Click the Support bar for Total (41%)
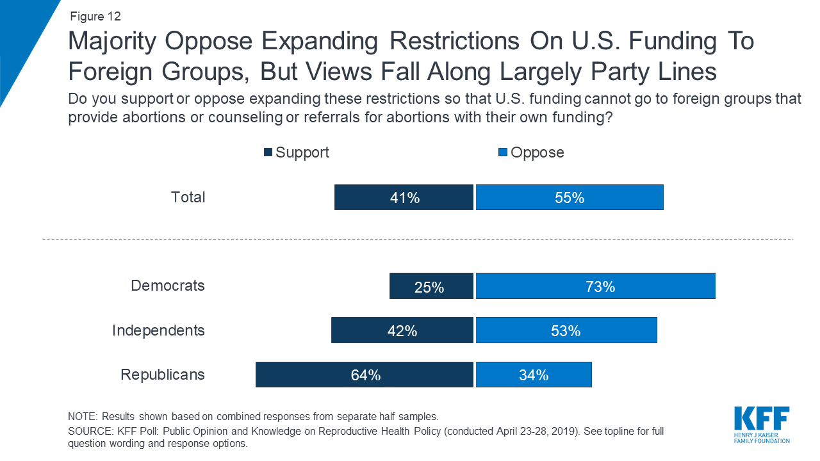[x=404, y=197]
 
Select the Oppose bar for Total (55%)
[x=569, y=197]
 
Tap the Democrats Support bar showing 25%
[x=431, y=286]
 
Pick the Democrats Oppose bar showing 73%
[x=595, y=286]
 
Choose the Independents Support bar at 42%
[x=402, y=330]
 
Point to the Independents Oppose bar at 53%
[x=566, y=330]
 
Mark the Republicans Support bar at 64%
[x=365, y=375]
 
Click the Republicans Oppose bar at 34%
[x=533, y=375]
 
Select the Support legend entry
[x=296, y=152]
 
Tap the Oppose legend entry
[x=531, y=152]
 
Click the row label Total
[x=188, y=197]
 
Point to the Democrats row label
[x=167, y=286]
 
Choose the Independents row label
[x=158, y=330]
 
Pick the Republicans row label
[x=163, y=375]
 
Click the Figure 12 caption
[x=95, y=17]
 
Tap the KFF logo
[x=761, y=424]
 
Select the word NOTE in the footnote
[x=81, y=416]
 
